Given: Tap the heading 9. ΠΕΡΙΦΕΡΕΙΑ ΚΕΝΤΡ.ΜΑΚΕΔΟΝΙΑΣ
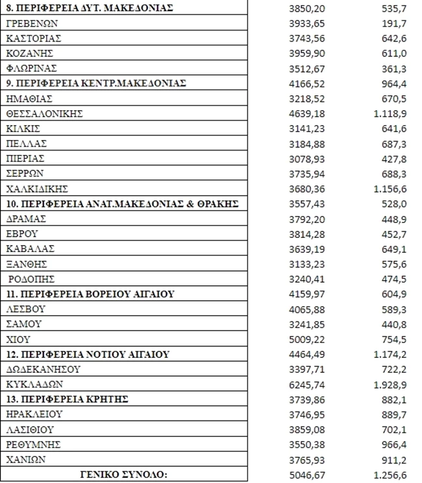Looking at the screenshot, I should click(x=95, y=84).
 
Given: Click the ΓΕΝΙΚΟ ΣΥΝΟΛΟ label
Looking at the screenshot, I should click(x=126, y=474).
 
